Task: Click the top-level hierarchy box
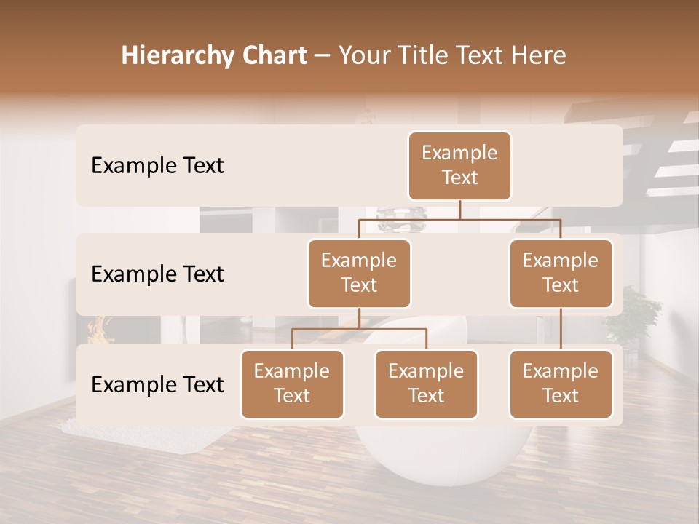click(x=459, y=166)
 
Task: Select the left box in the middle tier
click(x=359, y=274)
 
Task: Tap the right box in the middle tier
click(x=561, y=274)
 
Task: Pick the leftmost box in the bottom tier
click(x=292, y=384)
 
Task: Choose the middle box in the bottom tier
click(x=426, y=384)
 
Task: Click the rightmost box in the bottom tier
click(x=561, y=384)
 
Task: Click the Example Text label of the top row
click(x=157, y=166)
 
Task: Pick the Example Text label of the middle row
click(x=157, y=274)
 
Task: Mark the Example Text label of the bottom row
click(x=157, y=384)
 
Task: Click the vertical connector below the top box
click(x=459, y=210)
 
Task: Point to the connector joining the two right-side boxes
click(x=561, y=329)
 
